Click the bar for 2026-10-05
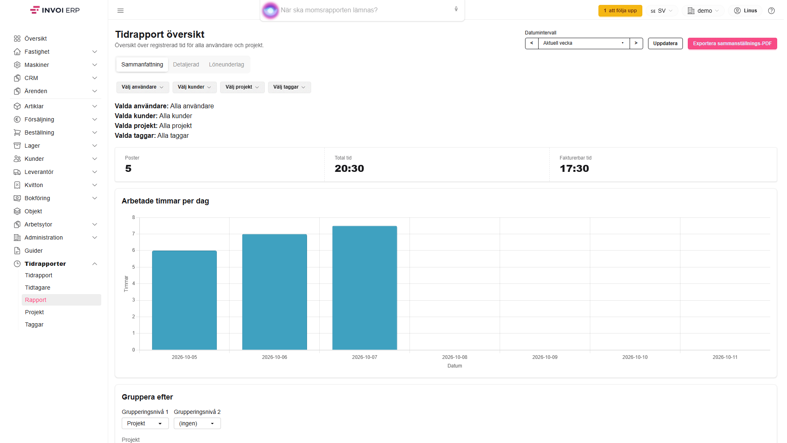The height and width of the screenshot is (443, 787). [184, 300]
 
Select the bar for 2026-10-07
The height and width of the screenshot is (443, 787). [365, 288]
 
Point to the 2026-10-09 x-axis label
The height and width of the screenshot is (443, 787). [545, 357]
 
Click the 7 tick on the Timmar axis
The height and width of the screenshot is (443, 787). [133, 234]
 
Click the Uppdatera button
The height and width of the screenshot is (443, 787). [665, 43]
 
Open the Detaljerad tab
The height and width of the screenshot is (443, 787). [186, 64]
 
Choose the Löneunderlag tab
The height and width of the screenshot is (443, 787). [226, 64]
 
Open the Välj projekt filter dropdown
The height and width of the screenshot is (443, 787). [242, 87]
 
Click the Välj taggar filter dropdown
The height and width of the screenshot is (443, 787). [289, 87]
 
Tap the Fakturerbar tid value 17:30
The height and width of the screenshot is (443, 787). [574, 169]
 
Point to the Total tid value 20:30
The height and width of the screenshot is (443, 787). [349, 169]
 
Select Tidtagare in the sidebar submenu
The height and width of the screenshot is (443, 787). [38, 288]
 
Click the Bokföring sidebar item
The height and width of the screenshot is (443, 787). [37, 198]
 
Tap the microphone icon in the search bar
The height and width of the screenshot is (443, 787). [456, 9]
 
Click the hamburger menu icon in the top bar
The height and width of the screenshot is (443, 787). [121, 11]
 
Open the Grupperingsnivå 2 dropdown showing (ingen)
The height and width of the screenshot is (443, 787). [197, 423]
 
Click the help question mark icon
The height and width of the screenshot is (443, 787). [771, 11]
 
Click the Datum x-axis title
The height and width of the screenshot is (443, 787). [455, 366]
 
